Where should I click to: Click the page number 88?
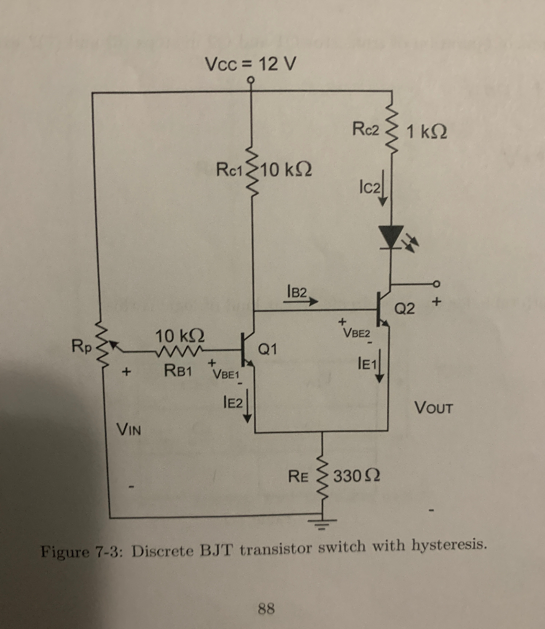tap(267, 609)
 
